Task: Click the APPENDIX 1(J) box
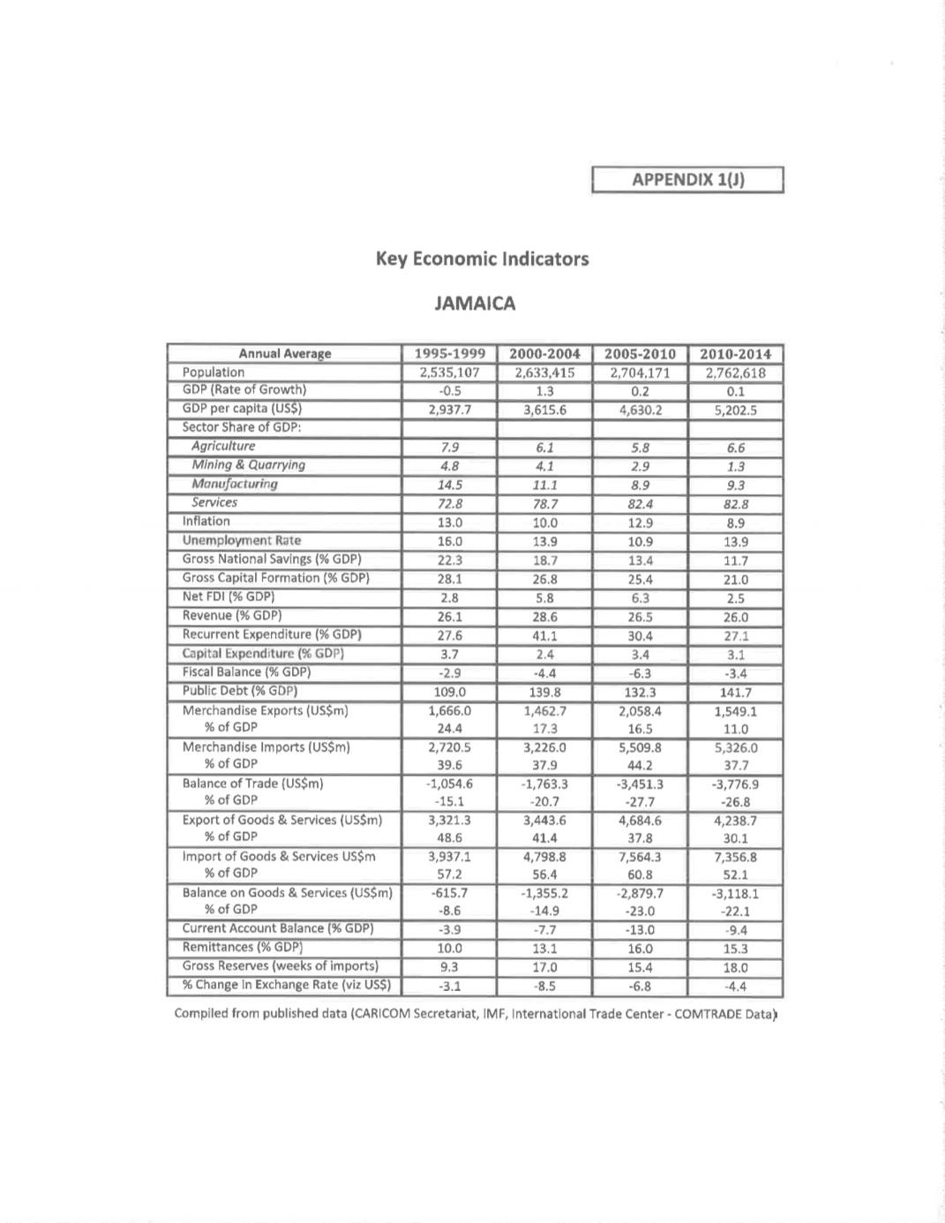pos(687,180)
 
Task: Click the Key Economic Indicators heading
pos(482,259)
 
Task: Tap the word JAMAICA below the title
pos(475,304)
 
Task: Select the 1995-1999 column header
pos(450,354)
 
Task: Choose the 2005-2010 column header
pos(640,354)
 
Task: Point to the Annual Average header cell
pos(284,354)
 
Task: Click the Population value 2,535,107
pos(450,372)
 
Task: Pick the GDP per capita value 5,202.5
pos(735,409)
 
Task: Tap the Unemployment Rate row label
pos(241,540)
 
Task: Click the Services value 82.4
pos(640,504)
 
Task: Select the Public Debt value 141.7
pos(735,692)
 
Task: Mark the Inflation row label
pos(206,521)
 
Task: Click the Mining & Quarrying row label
pos(248,465)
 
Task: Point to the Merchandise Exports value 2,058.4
pos(640,711)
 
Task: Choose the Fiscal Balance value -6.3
pos(640,673)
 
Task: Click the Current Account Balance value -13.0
pos(640,930)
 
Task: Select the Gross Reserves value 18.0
pos(735,967)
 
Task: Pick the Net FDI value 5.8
pos(544,598)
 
